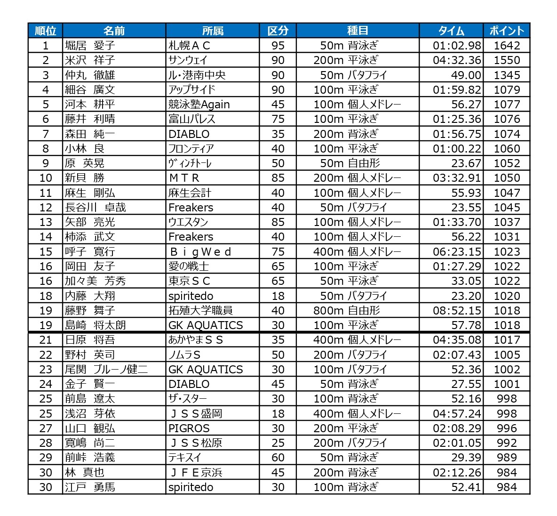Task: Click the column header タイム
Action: click(x=451, y=31)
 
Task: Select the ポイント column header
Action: click(x=507, y=31)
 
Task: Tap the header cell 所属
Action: click(x=213, y=31)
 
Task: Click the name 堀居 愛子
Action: click(x=90, y=46)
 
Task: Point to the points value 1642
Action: click(x=507, y=46)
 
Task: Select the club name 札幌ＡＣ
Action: click(x=189, y=46)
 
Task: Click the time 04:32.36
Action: click(x=457, y=60)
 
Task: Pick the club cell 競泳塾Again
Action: click(x=199, y=105)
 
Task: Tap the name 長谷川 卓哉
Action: click(x=95, y=208)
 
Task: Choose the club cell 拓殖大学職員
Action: click(x=200, y=311)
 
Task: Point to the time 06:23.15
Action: click(x=457, y=252)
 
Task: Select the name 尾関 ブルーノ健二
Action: click(x=106, y=370)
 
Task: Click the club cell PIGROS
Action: click(x=189, y=428)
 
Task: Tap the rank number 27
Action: click(x=46, y=428)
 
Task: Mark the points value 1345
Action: click(x=507, y=75)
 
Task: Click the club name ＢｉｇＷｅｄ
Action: click(x=200, y=252)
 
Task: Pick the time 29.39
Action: click(x=466, y=458)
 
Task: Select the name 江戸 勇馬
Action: click(x=90, y=487)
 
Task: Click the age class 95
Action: click(x=278, y=46)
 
